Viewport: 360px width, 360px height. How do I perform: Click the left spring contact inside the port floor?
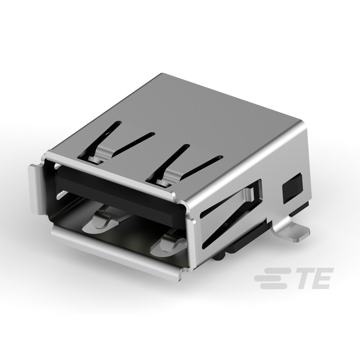(105, 219)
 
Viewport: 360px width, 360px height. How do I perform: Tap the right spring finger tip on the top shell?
(163, 181)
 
